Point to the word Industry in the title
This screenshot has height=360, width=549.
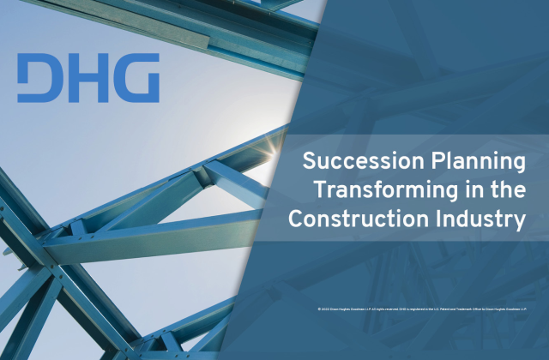point(483,218)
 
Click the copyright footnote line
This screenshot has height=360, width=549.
point(420,306)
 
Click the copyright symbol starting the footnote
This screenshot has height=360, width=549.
point(318,306)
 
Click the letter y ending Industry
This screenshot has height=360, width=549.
point(518,220)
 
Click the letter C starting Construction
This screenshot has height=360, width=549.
point(297,218)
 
